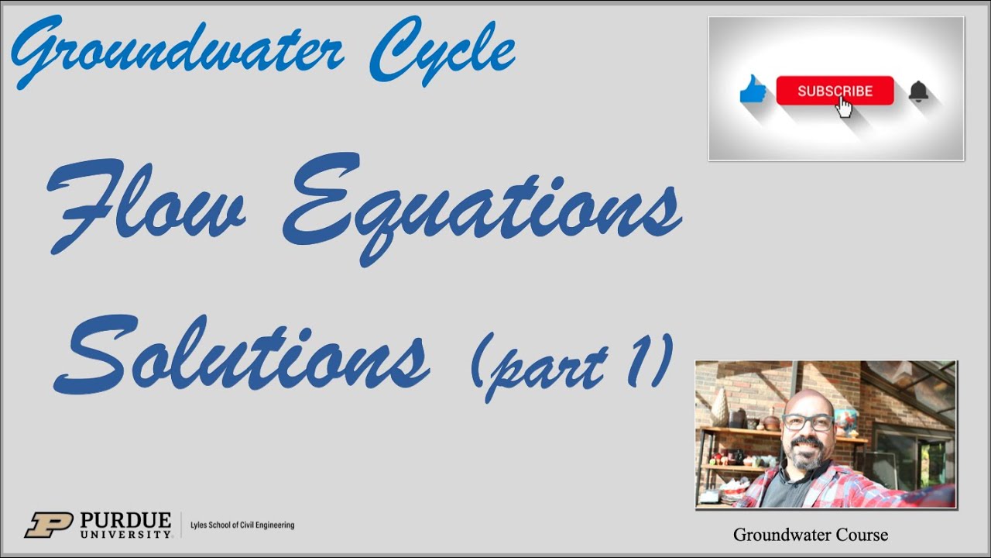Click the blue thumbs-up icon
(x=753, y=91)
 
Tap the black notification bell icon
(x=918, y=91)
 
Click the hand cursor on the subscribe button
(x=844, y=107)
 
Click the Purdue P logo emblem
(x=48, y=525)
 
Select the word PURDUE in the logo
(x=125, y=519)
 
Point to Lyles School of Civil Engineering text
(x=242, y=525)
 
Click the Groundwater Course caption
(x=810, y=535)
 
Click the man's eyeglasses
(x=808, y=423)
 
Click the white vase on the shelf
(x=720, y=407)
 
